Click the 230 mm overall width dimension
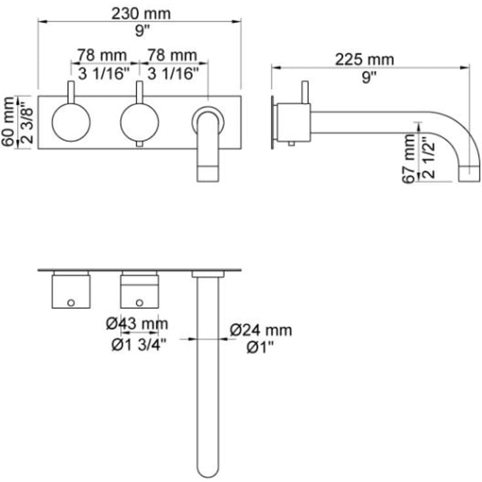(139, 12)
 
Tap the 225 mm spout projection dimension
(365, 60)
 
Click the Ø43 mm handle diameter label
(137, 323)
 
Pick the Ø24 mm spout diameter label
(261, 331)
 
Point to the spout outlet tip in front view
(208, 172)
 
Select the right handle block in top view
(139, 291)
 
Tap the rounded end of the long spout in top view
(208, 467)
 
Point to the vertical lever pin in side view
(304, 92)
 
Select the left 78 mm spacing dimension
(104, 54)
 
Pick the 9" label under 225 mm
(369, 77)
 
